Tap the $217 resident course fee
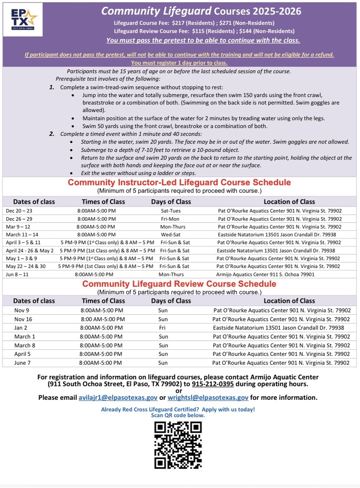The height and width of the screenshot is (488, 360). tap(178, 23)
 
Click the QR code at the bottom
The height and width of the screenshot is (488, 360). tap(178, 445)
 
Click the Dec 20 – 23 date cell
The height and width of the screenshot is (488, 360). tap(19, 211)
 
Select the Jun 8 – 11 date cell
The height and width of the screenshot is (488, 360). tap(18, 274)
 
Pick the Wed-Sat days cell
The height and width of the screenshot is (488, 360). tap(171, 235)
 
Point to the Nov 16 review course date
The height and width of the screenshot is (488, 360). tap(23, 319)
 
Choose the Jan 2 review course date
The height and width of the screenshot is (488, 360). tap(20, 328)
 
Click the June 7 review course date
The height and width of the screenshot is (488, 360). tap(22, 363)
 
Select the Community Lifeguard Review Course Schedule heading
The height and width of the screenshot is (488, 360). tap(179, 284)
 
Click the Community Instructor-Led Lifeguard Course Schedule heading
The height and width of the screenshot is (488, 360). tap(179, 183)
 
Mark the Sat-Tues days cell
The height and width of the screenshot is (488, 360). tap(171, 211)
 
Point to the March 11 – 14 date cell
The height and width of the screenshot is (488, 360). tap(22, 235)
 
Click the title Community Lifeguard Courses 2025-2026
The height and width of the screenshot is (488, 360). tap(201, 11)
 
